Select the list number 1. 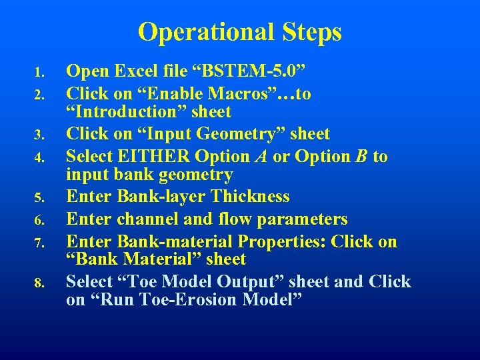tap(40, 72)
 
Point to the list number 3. tap(40, 135)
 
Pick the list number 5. tap(40, 198)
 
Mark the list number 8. tap(40, 283)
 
